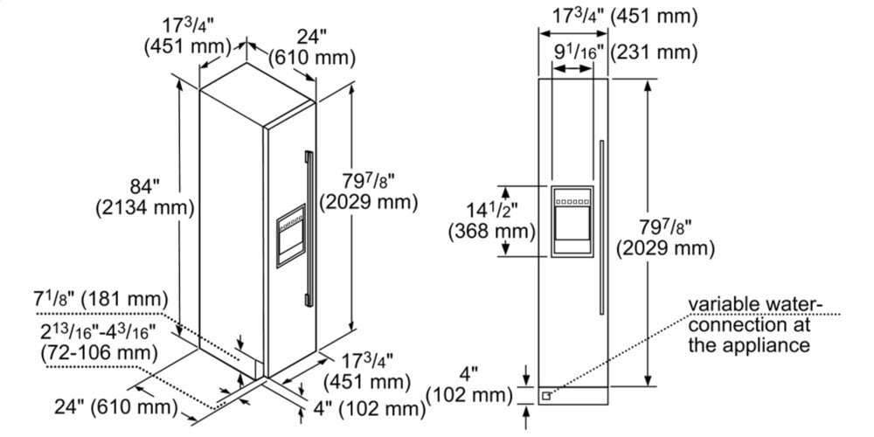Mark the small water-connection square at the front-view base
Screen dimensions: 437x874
[547, 394]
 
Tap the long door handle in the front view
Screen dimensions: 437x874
[601, 227]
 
